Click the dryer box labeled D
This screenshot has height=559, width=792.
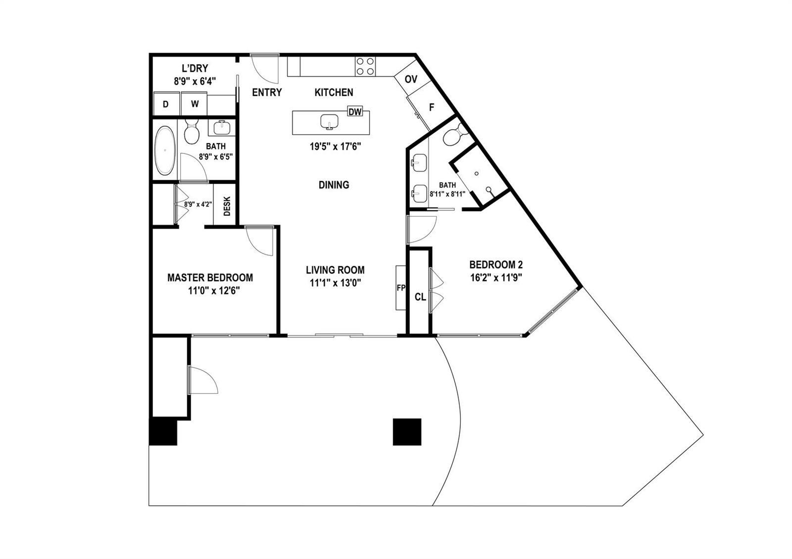tap(165, 104)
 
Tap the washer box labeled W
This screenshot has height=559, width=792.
tap(194, 104)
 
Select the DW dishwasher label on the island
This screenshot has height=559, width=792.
tap(355, 112)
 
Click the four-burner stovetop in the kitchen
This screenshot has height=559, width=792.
tap(365, 66)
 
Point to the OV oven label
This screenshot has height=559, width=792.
tap(411, 79)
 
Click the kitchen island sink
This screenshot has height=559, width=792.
tap(330, 122)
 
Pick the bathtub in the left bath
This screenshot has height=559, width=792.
tap(165, 151)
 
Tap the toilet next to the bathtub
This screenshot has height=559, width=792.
tap(192, 132)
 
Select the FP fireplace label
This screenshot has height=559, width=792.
tap(401, 288)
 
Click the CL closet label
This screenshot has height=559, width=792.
tap(420, 297)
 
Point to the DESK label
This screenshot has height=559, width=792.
tap(227, 206)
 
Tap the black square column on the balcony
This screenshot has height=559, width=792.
tap(407, 432)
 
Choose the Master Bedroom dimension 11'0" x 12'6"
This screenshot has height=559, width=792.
tap(214, 291)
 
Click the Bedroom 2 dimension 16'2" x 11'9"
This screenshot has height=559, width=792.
tap(496, 278)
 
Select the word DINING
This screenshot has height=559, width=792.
tap(334, 185)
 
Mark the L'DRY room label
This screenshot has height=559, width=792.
tap(195, 68)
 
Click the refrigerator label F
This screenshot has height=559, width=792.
tap(431, 107)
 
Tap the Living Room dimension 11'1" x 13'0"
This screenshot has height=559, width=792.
tap(335, 283)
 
